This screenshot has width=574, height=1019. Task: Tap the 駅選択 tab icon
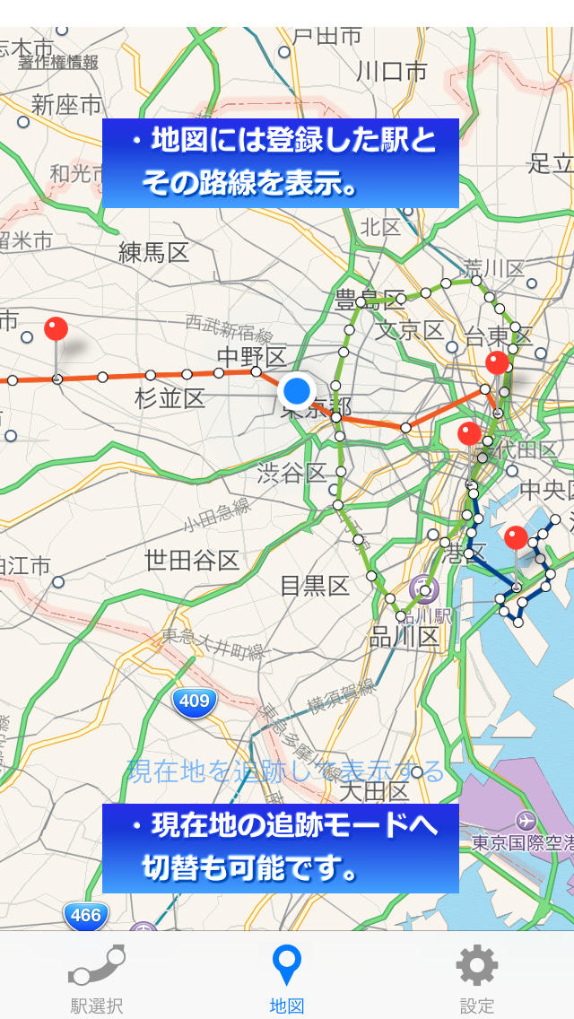coord(96,965)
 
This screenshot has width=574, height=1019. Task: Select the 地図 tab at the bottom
coord(287,965)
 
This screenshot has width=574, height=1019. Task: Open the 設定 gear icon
coord(477,965)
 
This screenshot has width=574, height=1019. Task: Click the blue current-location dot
coord(296,391)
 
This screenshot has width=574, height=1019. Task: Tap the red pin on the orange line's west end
coord(56,329)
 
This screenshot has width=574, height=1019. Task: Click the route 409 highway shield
coord(195,701)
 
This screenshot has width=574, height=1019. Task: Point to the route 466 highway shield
coord(85,915)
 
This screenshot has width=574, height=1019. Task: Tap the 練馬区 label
coord(154,252)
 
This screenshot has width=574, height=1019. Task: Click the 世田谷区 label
coord(192,561)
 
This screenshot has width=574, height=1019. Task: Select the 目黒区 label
coord(314,586)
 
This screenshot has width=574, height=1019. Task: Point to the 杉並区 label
coord(170,398)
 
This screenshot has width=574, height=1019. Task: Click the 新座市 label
coord(67,105)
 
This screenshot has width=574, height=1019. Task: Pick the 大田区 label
coord(375,792)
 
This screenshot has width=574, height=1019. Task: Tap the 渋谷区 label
coord(291,473)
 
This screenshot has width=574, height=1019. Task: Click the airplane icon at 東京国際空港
coord(526,820)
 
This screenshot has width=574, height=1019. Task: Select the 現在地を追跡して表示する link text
coord(286,771)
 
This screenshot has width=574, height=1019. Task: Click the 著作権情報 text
coord(58,62)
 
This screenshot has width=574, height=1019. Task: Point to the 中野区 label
coord(251,356)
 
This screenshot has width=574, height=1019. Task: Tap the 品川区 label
coord(404,637)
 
